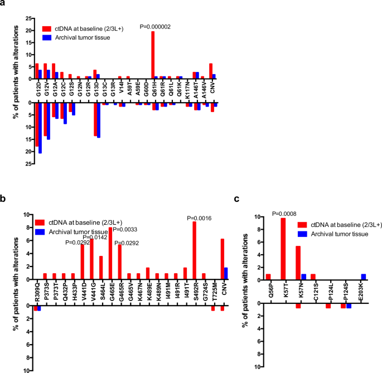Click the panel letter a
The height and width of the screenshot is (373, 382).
coord(4,4)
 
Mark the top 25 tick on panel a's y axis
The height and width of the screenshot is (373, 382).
coord(30,18)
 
